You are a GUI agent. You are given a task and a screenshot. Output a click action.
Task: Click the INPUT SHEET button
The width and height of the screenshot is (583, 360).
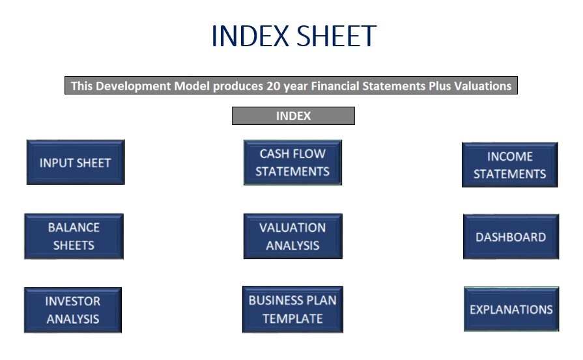click(76, 162)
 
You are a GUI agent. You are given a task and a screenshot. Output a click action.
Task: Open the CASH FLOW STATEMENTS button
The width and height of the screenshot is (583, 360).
click(292, 162)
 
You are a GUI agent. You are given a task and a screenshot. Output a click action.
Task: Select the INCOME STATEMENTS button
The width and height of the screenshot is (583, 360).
click(510, 165)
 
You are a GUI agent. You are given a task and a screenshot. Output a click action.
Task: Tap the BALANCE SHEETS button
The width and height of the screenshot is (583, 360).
click(74, 236)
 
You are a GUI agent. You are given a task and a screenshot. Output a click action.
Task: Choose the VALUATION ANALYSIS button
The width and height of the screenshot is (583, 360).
click(293, 236)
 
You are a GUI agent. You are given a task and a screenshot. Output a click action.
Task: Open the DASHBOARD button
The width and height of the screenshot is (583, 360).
click(511, 237)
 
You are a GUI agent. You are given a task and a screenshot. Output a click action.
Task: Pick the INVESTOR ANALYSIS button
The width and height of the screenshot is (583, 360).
click(73, 310)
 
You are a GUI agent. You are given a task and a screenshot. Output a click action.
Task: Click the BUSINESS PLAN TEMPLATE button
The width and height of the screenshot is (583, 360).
click(292, 309)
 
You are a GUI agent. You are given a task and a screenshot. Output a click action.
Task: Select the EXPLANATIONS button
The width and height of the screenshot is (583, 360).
click(511, 309)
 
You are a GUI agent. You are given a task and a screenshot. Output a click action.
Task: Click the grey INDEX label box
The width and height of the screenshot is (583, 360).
click(293, 116)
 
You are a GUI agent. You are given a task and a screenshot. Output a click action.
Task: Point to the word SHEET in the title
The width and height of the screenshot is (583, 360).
click(336, 36)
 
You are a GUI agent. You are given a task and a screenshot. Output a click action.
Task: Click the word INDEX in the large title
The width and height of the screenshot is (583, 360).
click(250, 36)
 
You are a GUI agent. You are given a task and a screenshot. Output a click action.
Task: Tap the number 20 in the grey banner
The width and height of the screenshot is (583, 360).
click(274, 86)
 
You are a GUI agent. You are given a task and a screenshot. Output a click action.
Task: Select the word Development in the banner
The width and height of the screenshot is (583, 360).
click(134, 86)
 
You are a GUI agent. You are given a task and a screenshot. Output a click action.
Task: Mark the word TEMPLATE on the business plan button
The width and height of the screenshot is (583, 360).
click(292, 319)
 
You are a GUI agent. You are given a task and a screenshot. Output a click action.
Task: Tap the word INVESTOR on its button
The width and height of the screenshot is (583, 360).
click(73, 301)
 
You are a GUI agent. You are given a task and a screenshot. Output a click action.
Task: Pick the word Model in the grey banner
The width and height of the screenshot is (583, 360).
click(192, 86)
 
